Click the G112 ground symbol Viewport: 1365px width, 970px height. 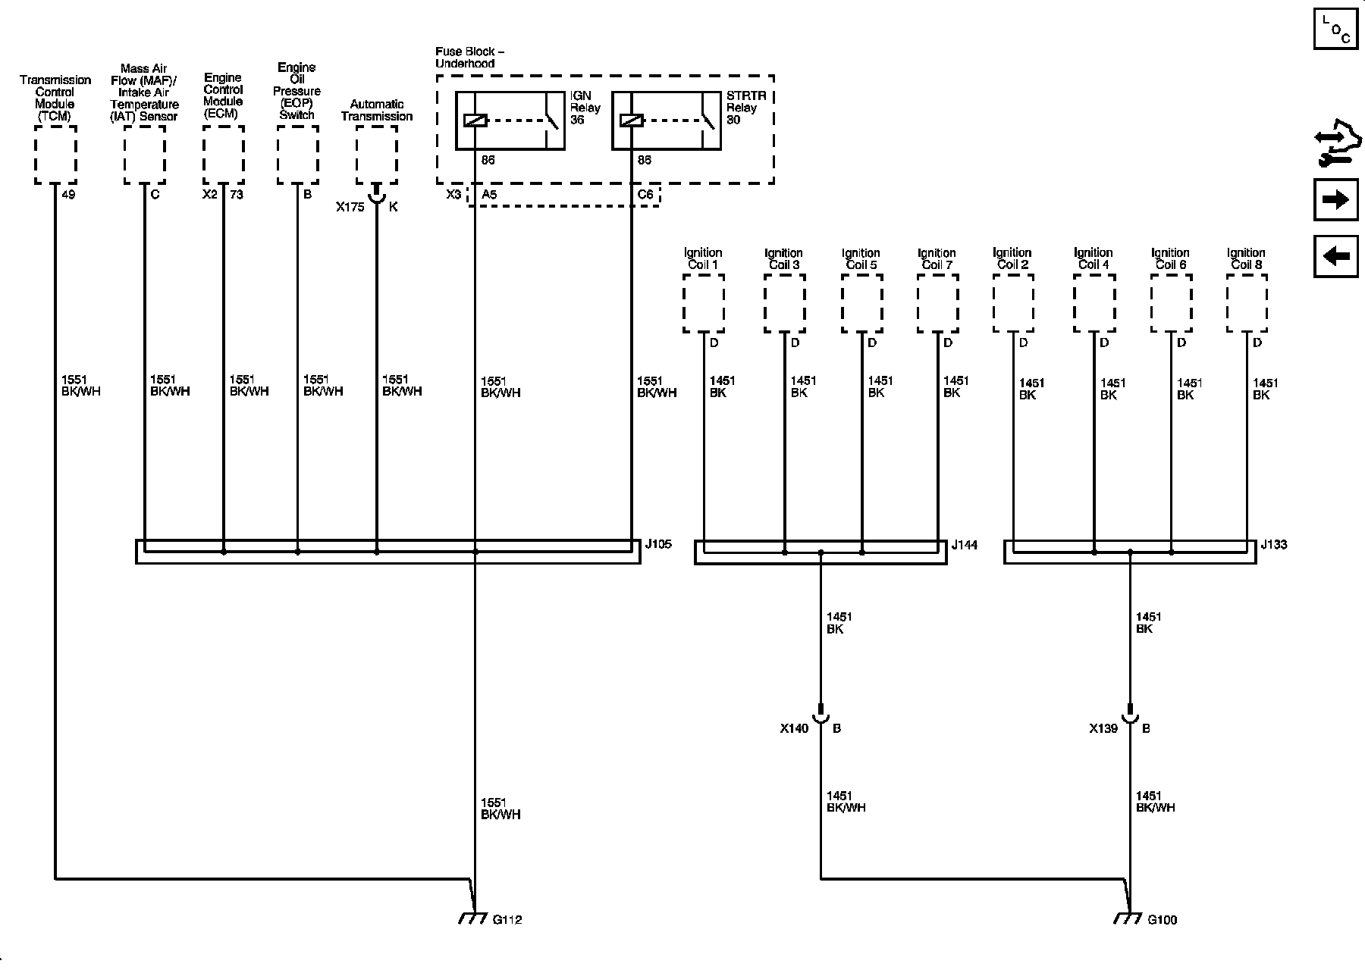(473, 918)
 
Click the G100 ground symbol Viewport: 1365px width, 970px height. (1128, 918)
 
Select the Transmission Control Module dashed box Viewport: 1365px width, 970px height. (55, 155)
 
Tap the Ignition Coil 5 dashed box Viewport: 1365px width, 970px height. (861, 303)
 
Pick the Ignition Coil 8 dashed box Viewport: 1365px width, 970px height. (1247, 303)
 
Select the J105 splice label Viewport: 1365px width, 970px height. (657, 544)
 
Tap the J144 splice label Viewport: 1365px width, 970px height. (965, 544)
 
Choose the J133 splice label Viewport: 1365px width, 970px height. (1274, 544)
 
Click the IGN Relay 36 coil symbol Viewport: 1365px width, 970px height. (475, 120)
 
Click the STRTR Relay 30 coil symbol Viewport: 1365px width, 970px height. (631, 120)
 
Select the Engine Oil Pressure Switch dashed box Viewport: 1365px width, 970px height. (297, 155)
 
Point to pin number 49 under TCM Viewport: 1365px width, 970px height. (68, 195)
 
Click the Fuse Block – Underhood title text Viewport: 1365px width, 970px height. (469, 58)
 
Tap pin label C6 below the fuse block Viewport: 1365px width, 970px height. (645, 195)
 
